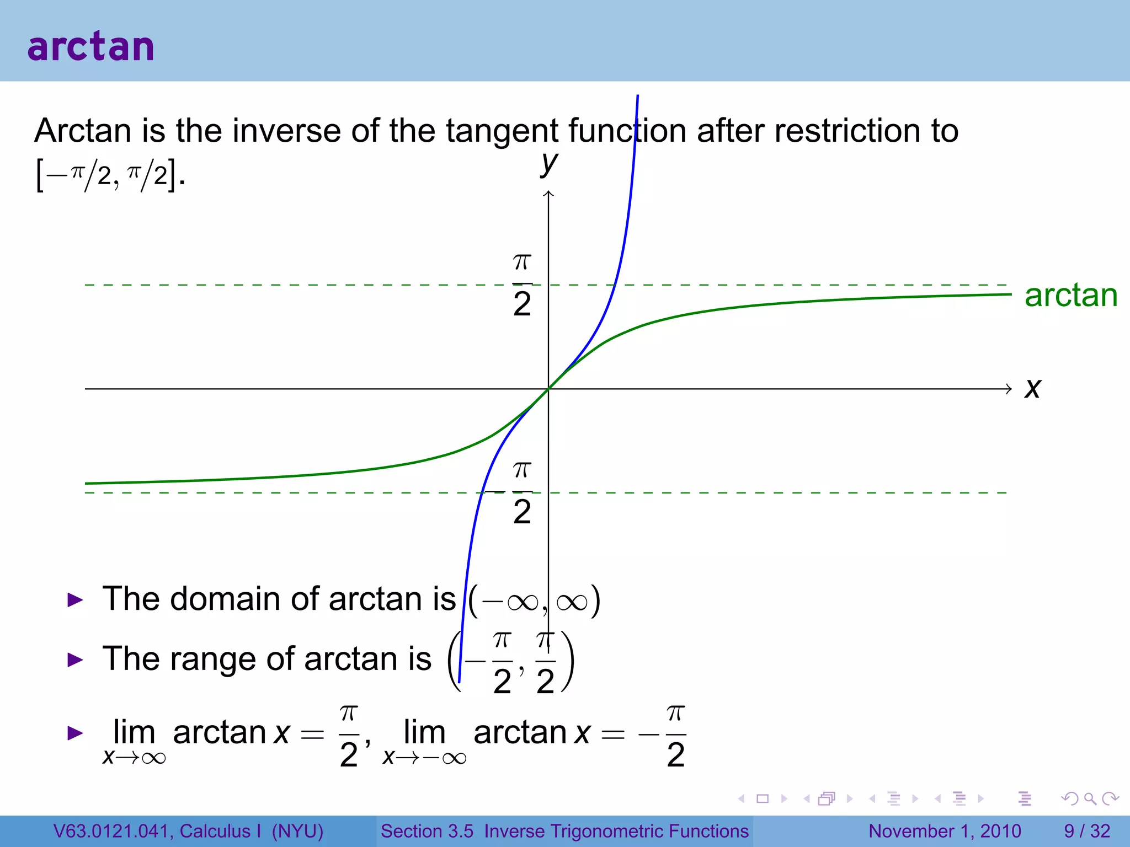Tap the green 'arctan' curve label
(1070, 296)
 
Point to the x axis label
(1032, 388)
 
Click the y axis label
(549, 163)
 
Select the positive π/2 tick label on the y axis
(522, 285)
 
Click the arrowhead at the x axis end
(1009, 389)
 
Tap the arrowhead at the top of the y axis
(548, 194)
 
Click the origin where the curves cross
(548, 389)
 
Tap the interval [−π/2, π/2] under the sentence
(109, 175)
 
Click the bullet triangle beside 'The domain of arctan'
(75, 599)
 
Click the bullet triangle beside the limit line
(75, 733)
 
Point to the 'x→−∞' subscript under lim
(424, 758)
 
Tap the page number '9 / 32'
(1086, 831)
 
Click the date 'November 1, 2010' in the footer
(945, 831)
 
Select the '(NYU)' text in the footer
(297, 831)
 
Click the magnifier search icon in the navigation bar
(1090, 798)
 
